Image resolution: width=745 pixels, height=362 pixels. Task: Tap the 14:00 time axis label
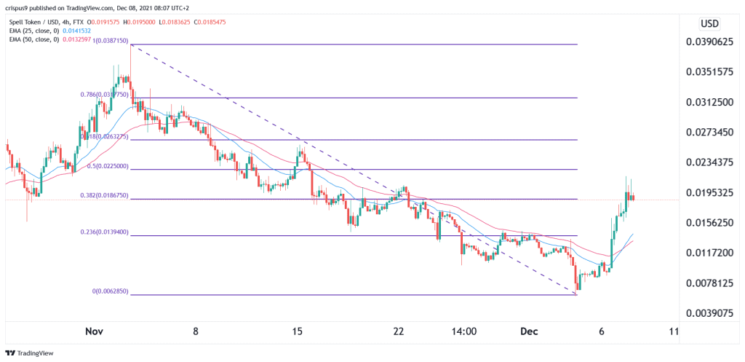pos(463,331)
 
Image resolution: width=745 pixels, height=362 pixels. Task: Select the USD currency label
pos(709,23)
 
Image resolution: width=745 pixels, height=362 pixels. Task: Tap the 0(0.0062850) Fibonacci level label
pos(110,291)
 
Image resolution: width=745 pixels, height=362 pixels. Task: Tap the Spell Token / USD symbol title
pos(44,20)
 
